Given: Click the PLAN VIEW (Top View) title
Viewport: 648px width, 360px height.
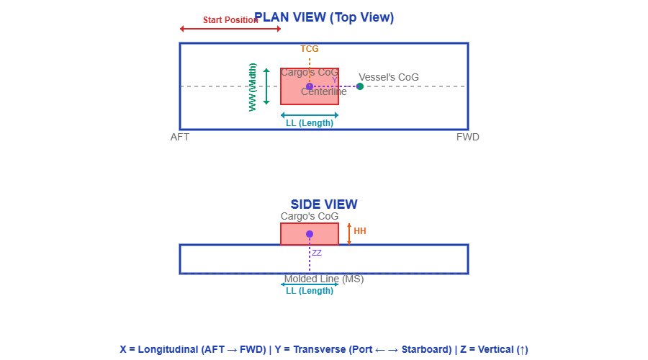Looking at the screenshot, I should pyautogui.click(x=324, y=17).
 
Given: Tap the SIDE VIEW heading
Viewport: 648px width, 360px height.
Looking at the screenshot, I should pyautogui.click(x=324, y=204).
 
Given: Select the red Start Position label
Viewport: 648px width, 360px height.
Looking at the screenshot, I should pyautogui.click(x=230, y=20).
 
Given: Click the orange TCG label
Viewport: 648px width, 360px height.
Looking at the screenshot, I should pyautogui.click(x=310, y=49).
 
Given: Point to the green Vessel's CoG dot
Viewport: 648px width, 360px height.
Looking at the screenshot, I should pyautogui.click(x=360, y=86).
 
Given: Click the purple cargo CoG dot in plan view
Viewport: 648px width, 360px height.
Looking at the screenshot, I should pyautogui.click(x=310, y=86).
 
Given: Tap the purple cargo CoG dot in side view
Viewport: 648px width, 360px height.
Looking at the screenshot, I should pyautogui.click(x=310, y=234).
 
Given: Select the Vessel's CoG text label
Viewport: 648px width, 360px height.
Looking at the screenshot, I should pyautogui.click(x=389, y=77).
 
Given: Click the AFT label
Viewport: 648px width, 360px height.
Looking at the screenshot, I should pyautogui.click(x=180, y=137).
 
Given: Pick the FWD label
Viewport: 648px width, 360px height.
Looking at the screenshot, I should pyautogui.click(x=468, y=137).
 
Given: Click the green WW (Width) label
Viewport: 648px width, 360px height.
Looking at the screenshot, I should pyautogui.click(x=253, y=86).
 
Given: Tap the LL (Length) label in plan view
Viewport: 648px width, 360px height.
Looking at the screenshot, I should pyautogui.click(x=310, y=123).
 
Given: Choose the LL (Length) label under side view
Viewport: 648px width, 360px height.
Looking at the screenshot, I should pyautogui.click(x=310, y=291).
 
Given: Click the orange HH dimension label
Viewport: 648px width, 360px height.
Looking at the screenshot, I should pyautogui.click(x=360, y=231).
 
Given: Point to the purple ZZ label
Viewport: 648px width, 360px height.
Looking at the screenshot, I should pyautogui.click(x=317, y=253).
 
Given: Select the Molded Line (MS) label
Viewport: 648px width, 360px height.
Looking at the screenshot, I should pyautogui.click(x=324, y=279).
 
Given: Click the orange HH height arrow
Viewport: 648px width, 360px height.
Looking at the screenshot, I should pyautogui.click(x=349, y=234).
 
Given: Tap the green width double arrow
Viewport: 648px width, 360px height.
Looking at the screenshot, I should pyautogui.click(x=266, y=86).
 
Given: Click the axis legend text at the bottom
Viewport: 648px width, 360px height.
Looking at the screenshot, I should pyautogui.click(x=324, y=349).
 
